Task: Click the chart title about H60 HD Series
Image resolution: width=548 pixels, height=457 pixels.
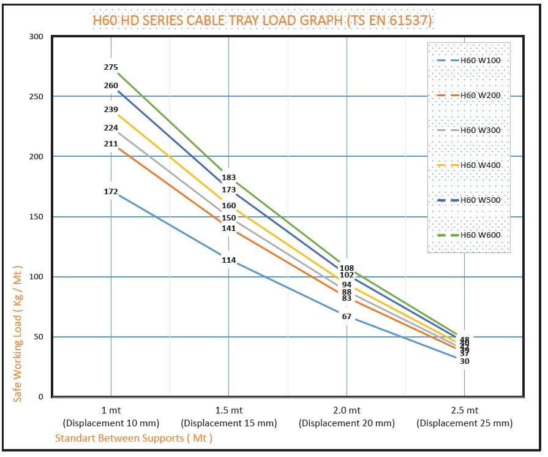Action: [x=262, y=21]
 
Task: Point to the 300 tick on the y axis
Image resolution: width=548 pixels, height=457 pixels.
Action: [x=36, y=37]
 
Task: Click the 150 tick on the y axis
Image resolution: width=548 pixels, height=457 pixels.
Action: [x=36, y=217]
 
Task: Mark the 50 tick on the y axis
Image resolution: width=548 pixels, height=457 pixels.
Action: [x=39, y=337]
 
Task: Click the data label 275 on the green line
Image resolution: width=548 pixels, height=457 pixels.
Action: [x=111, y=67]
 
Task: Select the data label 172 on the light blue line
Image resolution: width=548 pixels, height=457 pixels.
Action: [x=111, y=192]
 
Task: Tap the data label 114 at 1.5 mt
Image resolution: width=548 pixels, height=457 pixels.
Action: [x=228, y=260]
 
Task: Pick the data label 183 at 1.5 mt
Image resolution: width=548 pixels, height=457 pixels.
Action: [x=228, y=178]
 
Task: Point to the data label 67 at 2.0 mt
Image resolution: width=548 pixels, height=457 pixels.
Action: [x=347, y=317]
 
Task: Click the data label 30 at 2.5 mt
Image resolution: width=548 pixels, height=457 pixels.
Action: [x=464, y=361]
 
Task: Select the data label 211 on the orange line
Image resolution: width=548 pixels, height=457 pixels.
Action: [x=111, y=145]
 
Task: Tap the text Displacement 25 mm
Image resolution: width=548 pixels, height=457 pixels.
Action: [x=464, y=423]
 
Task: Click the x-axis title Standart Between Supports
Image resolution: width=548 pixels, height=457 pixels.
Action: [x=133, y=438]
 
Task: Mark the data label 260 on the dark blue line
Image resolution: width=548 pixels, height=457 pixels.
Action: [x=111, y=86]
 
